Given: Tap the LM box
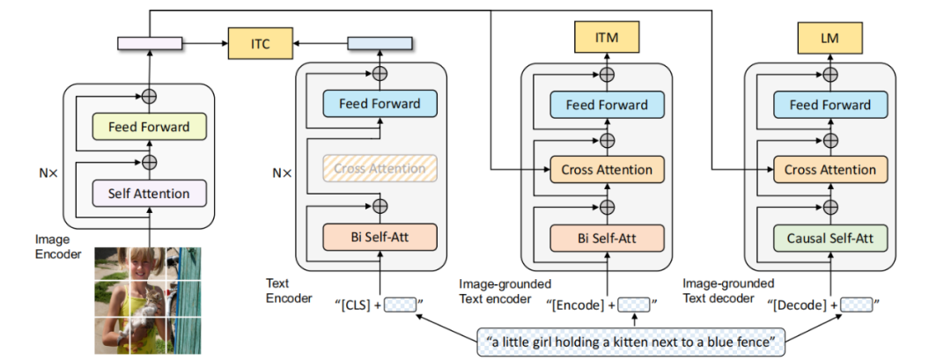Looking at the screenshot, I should point(829,37).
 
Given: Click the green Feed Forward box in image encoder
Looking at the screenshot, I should point(149,127).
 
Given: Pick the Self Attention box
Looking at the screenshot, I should point(149,193).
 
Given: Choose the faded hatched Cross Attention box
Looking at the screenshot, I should point(379,169).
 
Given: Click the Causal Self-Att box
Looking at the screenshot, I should point(829,237).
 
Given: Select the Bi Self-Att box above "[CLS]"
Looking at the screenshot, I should point(379,237).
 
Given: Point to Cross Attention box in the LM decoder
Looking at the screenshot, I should point(829,170).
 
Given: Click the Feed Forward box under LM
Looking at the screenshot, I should point(829,105).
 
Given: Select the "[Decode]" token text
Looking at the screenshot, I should point(800,305).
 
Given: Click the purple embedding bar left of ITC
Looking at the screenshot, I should point(149,43).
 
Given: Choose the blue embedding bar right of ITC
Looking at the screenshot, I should point(380,43).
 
